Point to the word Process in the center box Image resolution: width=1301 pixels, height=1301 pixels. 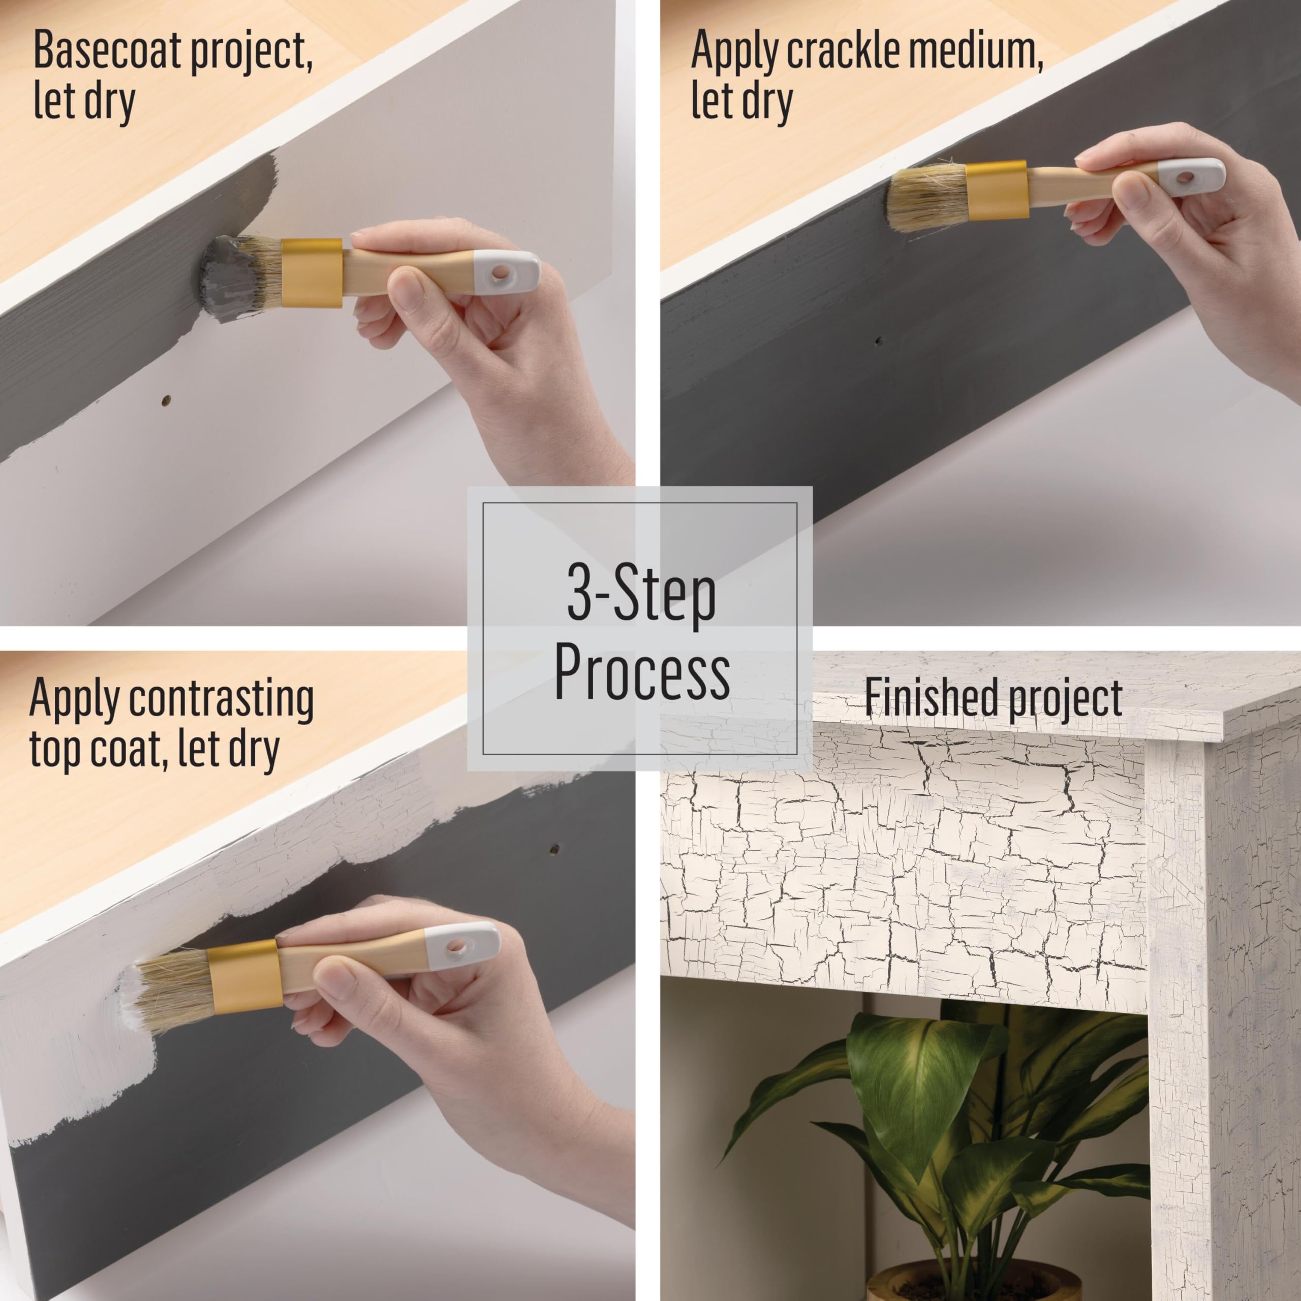pos(642,672)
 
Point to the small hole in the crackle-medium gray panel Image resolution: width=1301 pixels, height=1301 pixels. pos(878,342)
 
